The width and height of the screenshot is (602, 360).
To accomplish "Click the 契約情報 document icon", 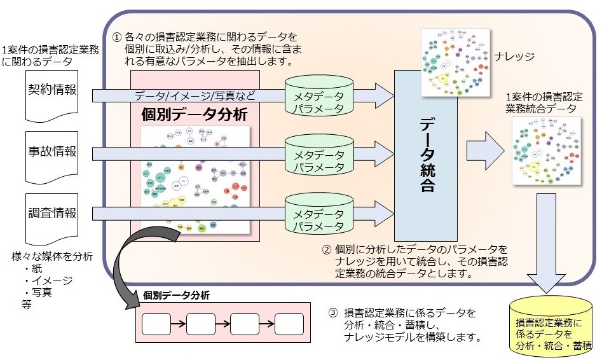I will (51, 96).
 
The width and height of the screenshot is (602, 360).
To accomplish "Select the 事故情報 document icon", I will (51, 155).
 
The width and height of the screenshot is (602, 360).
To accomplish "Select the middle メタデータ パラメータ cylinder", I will (318, 155).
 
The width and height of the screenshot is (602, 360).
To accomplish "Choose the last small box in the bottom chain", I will (289, 324).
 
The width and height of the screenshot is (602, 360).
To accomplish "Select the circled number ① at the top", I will (116, 38).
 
